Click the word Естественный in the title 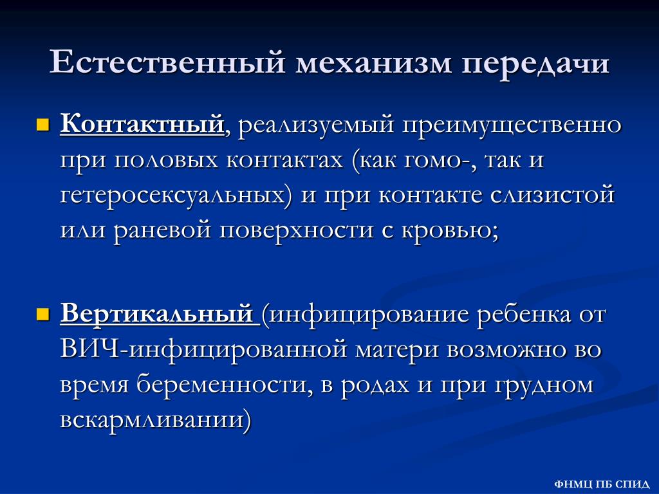coord(167,62)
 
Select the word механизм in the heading coord(373,64)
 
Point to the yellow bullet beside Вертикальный coord(43,314)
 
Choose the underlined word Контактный coord(142,124)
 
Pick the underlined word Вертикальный coord(157,313)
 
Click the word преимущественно coord(512,126)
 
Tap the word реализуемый coord(315,126)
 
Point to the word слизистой coord(552,195)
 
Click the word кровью coord(447,230)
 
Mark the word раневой coord(162,230)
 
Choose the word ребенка coord(524,314)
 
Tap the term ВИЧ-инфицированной coord(203,350)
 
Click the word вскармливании coord(152,420)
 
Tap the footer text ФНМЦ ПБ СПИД coord(602,484)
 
